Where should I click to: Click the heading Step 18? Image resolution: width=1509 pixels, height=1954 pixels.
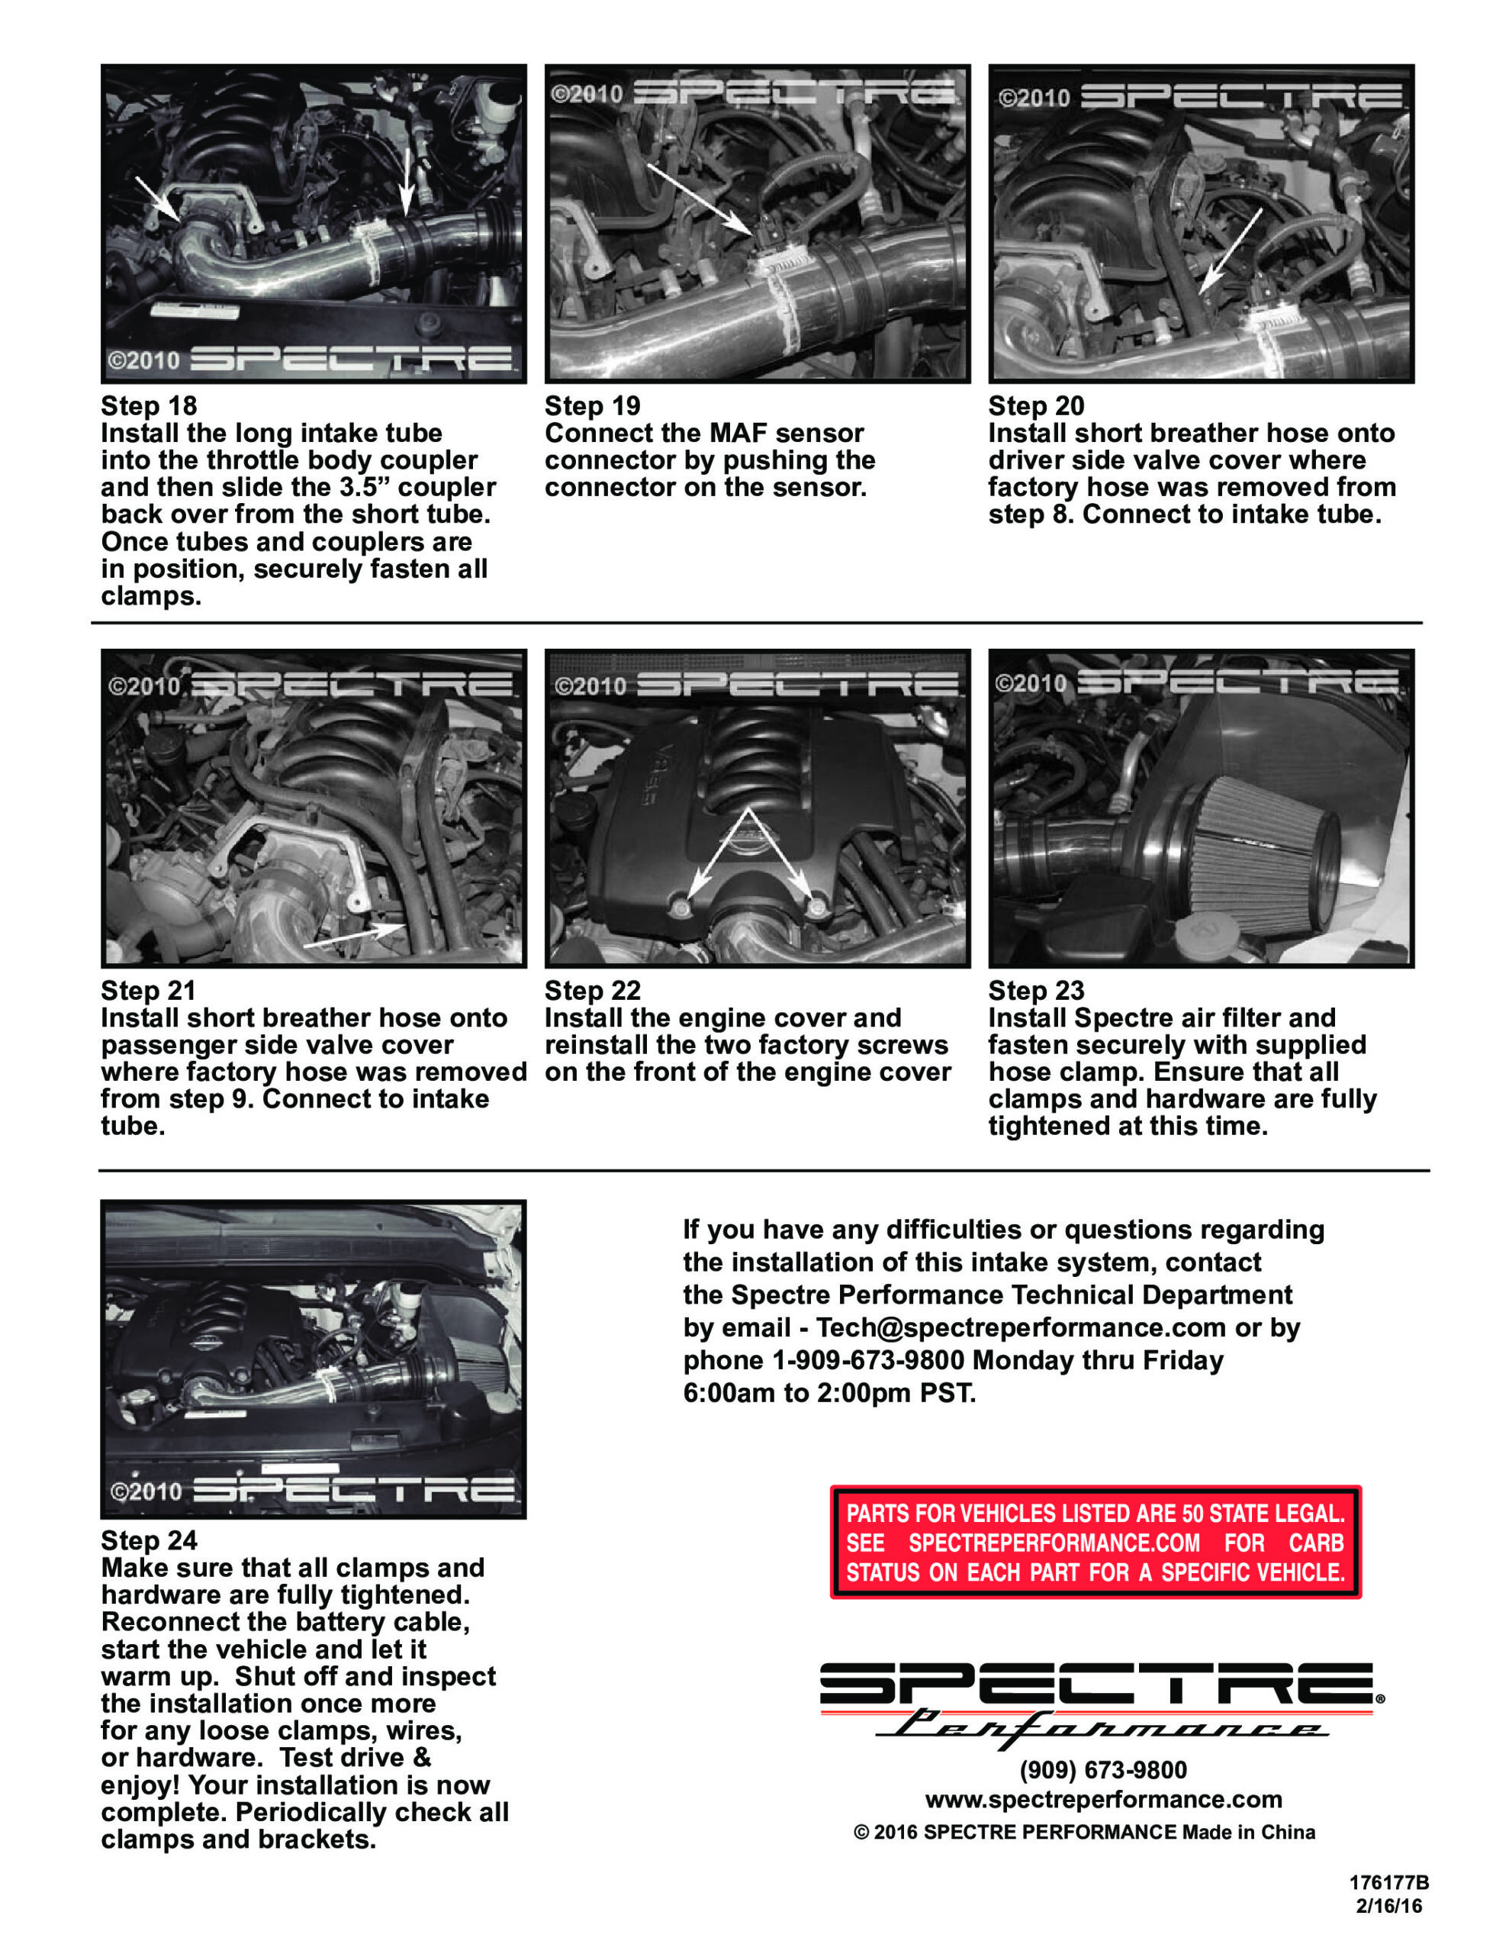click(149, 405)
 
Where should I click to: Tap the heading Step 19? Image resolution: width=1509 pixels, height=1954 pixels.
click(592, 405)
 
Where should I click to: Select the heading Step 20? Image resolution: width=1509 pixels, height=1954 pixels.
click(1036, 405)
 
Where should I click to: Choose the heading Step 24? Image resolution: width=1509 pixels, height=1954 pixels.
click(149, 1540)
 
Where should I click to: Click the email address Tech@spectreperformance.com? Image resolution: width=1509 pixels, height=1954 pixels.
click(1021, 1327)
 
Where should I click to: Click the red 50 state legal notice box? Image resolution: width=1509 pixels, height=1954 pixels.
click(1095, 1543)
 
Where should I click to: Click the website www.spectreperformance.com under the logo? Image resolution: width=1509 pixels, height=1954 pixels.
click(1103, 1798)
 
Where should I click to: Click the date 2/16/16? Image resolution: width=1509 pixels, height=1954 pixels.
click(1388, 1906)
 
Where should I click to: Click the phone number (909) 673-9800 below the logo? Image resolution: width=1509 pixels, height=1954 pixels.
click(1103, 1770)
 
